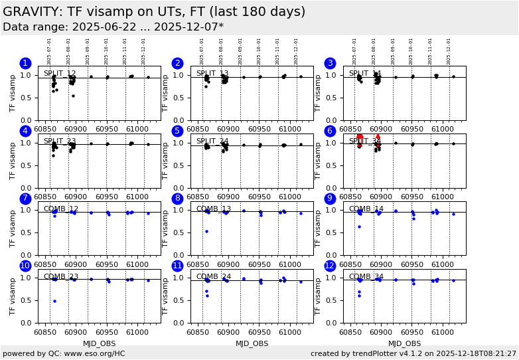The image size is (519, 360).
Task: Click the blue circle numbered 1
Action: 25,64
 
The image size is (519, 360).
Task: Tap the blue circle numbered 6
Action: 331,132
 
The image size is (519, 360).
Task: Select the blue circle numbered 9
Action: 331,199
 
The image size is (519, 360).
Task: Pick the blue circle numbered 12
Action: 331,266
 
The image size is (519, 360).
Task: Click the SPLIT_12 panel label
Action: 60,74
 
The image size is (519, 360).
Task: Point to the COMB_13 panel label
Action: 213,209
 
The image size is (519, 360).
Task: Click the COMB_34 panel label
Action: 366,277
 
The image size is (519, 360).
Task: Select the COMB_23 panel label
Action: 60,277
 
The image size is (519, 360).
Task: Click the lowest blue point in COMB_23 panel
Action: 54,301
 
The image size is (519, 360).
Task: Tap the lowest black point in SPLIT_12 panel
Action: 73,96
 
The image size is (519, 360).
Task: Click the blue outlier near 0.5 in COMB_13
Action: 206,231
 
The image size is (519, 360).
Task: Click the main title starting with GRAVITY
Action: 154,12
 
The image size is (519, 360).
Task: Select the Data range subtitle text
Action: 113,27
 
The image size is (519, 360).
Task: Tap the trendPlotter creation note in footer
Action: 413,353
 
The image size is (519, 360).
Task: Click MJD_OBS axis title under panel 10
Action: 100,343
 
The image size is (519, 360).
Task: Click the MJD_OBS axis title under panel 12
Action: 404,343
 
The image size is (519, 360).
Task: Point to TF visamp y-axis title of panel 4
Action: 13,161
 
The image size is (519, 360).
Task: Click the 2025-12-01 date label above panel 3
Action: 449,50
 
